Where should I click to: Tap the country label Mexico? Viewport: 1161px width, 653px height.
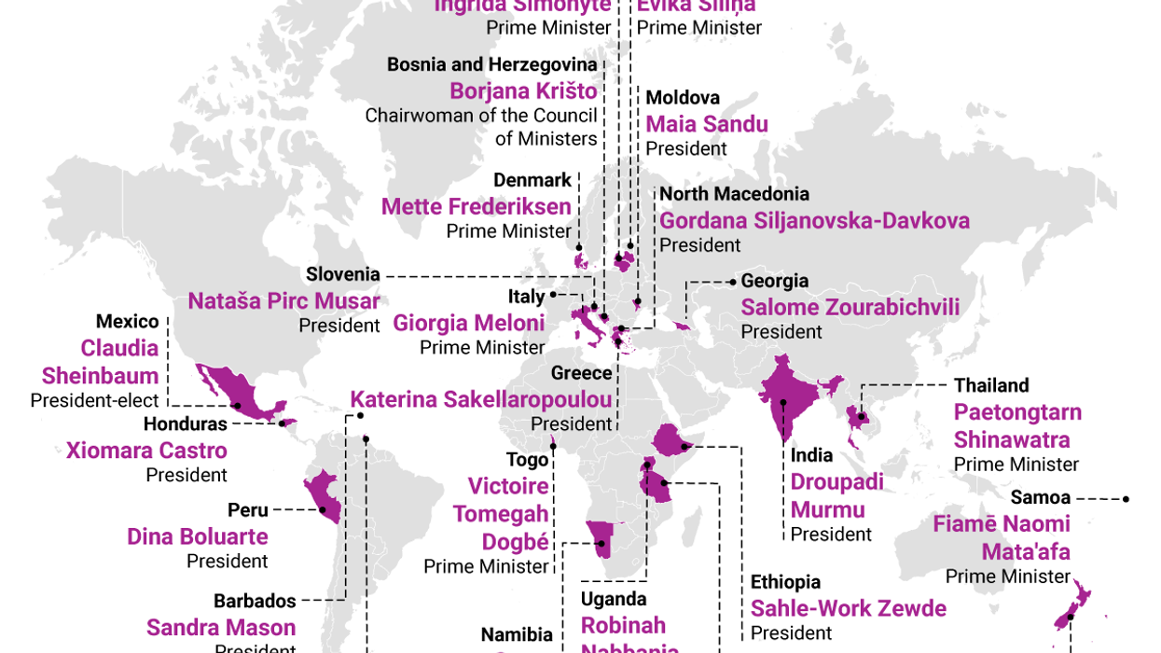coord(127,322)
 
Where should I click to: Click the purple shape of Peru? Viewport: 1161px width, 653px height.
coord(323,494)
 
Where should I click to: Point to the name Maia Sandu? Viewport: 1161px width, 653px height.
coord(707,124)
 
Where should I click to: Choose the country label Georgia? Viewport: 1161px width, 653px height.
coord(774,281)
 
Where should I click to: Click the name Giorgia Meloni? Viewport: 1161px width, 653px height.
coord(468,323)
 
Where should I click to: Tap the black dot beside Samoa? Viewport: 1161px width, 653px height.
coord(1126,499)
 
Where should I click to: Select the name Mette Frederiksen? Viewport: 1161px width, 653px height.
coord(476,206)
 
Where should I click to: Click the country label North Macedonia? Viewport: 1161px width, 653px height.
coord(734,194)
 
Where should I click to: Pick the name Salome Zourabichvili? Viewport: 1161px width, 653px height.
coord(850,307)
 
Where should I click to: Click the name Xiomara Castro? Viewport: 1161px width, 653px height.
coord(146,451)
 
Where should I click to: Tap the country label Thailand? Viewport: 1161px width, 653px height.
coord(990,385)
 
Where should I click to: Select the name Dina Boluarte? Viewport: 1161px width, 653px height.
coord(198,536)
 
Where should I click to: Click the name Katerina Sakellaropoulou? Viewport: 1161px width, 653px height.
coord(481,399)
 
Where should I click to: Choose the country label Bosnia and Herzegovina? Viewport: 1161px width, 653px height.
coord(491,64)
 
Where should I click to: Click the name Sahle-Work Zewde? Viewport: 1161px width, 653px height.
coord(848,608)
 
